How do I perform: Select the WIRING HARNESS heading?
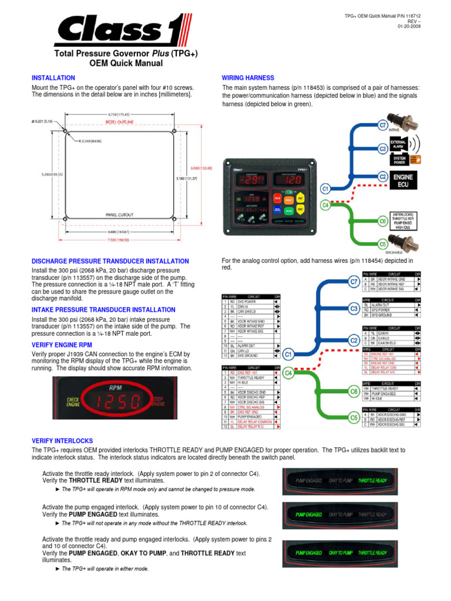(247, 78)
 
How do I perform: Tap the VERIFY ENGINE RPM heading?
(62, 345)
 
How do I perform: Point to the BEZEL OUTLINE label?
(119, 122)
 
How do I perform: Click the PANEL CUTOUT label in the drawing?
(119, 214)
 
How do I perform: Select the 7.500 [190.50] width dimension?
(119, 239)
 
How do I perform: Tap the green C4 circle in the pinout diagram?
(288, 372)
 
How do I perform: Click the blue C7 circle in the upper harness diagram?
(382, 125)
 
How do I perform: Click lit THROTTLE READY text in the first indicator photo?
(372, 480)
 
